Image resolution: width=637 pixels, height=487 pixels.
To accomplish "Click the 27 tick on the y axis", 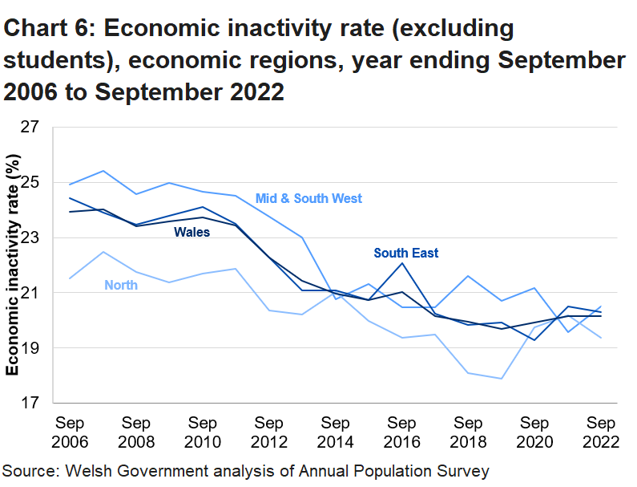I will pos(30,128).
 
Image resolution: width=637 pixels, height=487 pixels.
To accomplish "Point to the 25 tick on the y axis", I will pos(30,183).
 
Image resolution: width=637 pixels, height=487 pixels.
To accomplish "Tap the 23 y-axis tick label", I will pos(30,238).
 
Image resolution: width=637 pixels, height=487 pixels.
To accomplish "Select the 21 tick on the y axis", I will pos(30,294).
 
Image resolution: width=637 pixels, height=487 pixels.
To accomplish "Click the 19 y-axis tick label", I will pos(30,348).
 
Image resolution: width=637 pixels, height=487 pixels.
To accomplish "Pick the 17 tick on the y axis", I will pos(30,404).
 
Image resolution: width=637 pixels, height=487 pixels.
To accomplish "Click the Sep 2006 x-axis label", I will pos(70,432).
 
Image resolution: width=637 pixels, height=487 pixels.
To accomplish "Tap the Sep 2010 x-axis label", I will pos(203,432).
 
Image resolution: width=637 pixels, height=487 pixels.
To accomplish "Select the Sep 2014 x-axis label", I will pos(336,432).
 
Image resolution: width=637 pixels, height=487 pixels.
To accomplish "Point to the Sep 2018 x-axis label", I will pos(469,432).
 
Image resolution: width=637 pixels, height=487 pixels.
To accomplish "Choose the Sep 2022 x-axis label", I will pos(602,432).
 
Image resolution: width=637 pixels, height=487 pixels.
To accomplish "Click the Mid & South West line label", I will pos(308,198).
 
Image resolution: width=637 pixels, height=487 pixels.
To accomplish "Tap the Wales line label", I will pos(192,233).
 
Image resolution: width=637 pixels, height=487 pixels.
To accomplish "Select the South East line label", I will pos(406,253).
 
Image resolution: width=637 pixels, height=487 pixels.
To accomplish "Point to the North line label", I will pos(120,285).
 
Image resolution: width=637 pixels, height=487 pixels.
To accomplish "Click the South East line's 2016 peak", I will pos(402,263).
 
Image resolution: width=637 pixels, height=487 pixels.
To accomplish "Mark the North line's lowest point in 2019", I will pos(502,379).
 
